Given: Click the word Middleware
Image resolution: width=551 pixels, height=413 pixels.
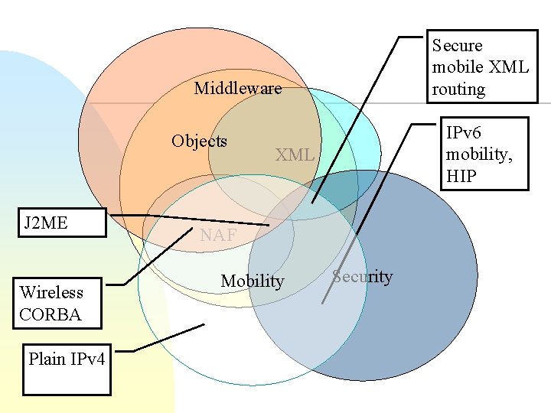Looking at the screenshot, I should pos(237,88).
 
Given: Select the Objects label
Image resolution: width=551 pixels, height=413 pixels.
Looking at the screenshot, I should pos(199,141).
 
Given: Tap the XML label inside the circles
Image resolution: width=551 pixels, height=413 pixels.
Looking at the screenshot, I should pos(295,154).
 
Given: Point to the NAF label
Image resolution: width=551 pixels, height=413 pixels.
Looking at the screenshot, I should pos(218,236).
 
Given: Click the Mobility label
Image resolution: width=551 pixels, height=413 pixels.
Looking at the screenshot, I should pos(252,281).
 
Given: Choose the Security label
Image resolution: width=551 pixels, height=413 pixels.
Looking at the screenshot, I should pos(363,277).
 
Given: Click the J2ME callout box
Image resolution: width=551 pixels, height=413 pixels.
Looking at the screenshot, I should pos(61,223).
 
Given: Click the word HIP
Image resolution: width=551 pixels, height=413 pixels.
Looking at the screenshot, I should pos(461,177).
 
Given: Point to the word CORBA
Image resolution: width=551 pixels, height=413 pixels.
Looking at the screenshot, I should pos(51,314).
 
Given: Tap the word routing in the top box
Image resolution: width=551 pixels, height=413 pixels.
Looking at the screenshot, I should pos(458,89).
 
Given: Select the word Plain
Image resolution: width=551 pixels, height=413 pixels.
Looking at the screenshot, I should pos(47,359).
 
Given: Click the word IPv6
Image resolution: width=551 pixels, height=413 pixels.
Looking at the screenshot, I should pos(464,132).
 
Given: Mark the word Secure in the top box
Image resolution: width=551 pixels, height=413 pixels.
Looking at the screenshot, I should pos(458,45).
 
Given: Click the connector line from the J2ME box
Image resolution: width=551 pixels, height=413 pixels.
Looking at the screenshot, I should pos(191,220).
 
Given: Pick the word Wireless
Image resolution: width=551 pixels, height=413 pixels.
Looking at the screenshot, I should pos(52,292).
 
